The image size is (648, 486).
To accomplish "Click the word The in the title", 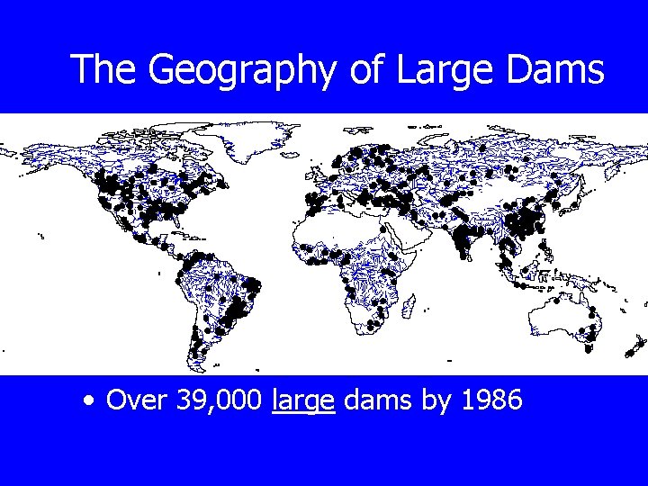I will click(x=104, y=70).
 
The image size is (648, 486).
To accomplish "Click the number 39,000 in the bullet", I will click(x=213, y=400).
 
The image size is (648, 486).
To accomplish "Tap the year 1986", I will click(x=490, y=399).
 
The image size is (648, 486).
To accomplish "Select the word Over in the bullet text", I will click(x=132, y=399).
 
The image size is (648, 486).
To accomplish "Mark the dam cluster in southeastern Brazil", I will click(x=238, y=310).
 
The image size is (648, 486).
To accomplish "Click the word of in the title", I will click(x=366, y=70).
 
